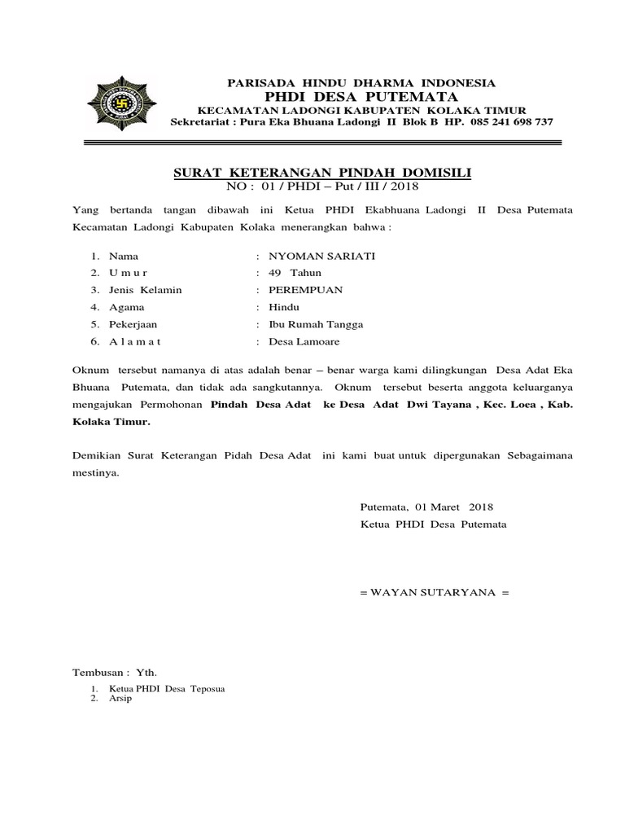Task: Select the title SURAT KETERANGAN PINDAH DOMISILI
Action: (x=323, y=173)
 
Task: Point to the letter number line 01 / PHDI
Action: (x=323, y=187)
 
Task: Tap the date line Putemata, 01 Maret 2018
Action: (x=422, y=507)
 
